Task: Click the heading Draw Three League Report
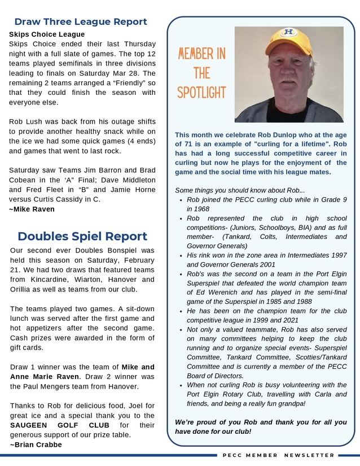(x=81, y=22)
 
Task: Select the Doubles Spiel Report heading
(x=82, y=236)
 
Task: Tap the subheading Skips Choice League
(x=47, y=34)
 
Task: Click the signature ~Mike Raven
(x=32, y=209)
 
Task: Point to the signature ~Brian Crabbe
(x=36, y=445)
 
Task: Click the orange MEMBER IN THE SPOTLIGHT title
(x=201, y=73)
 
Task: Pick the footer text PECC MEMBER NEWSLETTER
(x=279, y=455)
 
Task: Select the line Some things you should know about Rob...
(x=240, y=190)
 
